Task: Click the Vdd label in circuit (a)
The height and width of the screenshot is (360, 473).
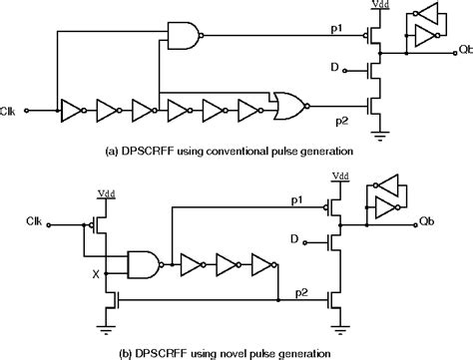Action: click(381, 6)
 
